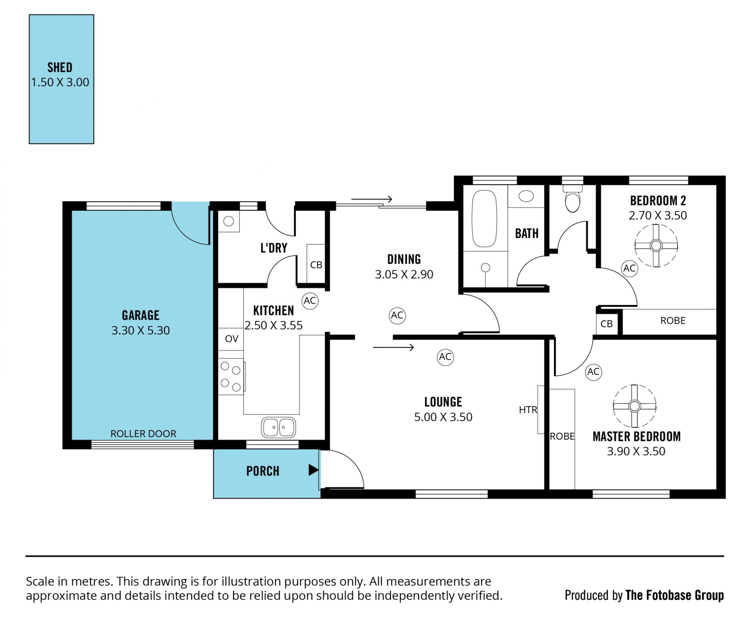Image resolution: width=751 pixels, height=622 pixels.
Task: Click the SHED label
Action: tap(60, 68)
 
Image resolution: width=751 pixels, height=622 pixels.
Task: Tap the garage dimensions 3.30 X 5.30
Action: tap(140, 330)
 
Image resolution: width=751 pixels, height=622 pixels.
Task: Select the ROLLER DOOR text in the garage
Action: tap(143, 434)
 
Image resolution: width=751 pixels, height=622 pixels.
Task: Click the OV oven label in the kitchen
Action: tap(232, 339)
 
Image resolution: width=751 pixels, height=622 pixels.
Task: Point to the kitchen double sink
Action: tap(278, 427)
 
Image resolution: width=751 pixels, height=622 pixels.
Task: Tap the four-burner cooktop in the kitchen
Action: tap(231, 376)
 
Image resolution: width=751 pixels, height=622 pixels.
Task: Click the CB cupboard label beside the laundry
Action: tap(316, 265)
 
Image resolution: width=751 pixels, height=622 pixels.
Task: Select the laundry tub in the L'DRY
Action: tap(228, 221)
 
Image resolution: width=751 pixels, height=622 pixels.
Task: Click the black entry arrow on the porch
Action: tap(313, 470)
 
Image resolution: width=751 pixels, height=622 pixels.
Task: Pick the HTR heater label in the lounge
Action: tap(528, 410)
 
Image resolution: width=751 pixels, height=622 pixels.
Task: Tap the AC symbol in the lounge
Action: tap(445, 357)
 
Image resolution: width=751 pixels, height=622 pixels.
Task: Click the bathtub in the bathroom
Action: tap(484, 219)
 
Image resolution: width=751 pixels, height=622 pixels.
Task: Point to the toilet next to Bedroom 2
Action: tap(572, 199)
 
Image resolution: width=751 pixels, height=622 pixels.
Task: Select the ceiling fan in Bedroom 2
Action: tap(656, 246)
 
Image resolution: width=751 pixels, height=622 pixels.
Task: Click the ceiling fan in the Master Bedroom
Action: tap(634, 406)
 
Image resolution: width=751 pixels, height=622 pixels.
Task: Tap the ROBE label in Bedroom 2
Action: tap(673, 321)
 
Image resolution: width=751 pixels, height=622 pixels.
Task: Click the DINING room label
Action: tap(404, 259)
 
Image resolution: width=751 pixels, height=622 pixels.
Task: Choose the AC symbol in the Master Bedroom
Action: tap(593, 372)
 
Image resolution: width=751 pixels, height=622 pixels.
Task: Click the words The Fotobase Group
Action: tap(675, 595)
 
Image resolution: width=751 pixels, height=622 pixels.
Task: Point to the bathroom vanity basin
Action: tap(526, 196)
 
